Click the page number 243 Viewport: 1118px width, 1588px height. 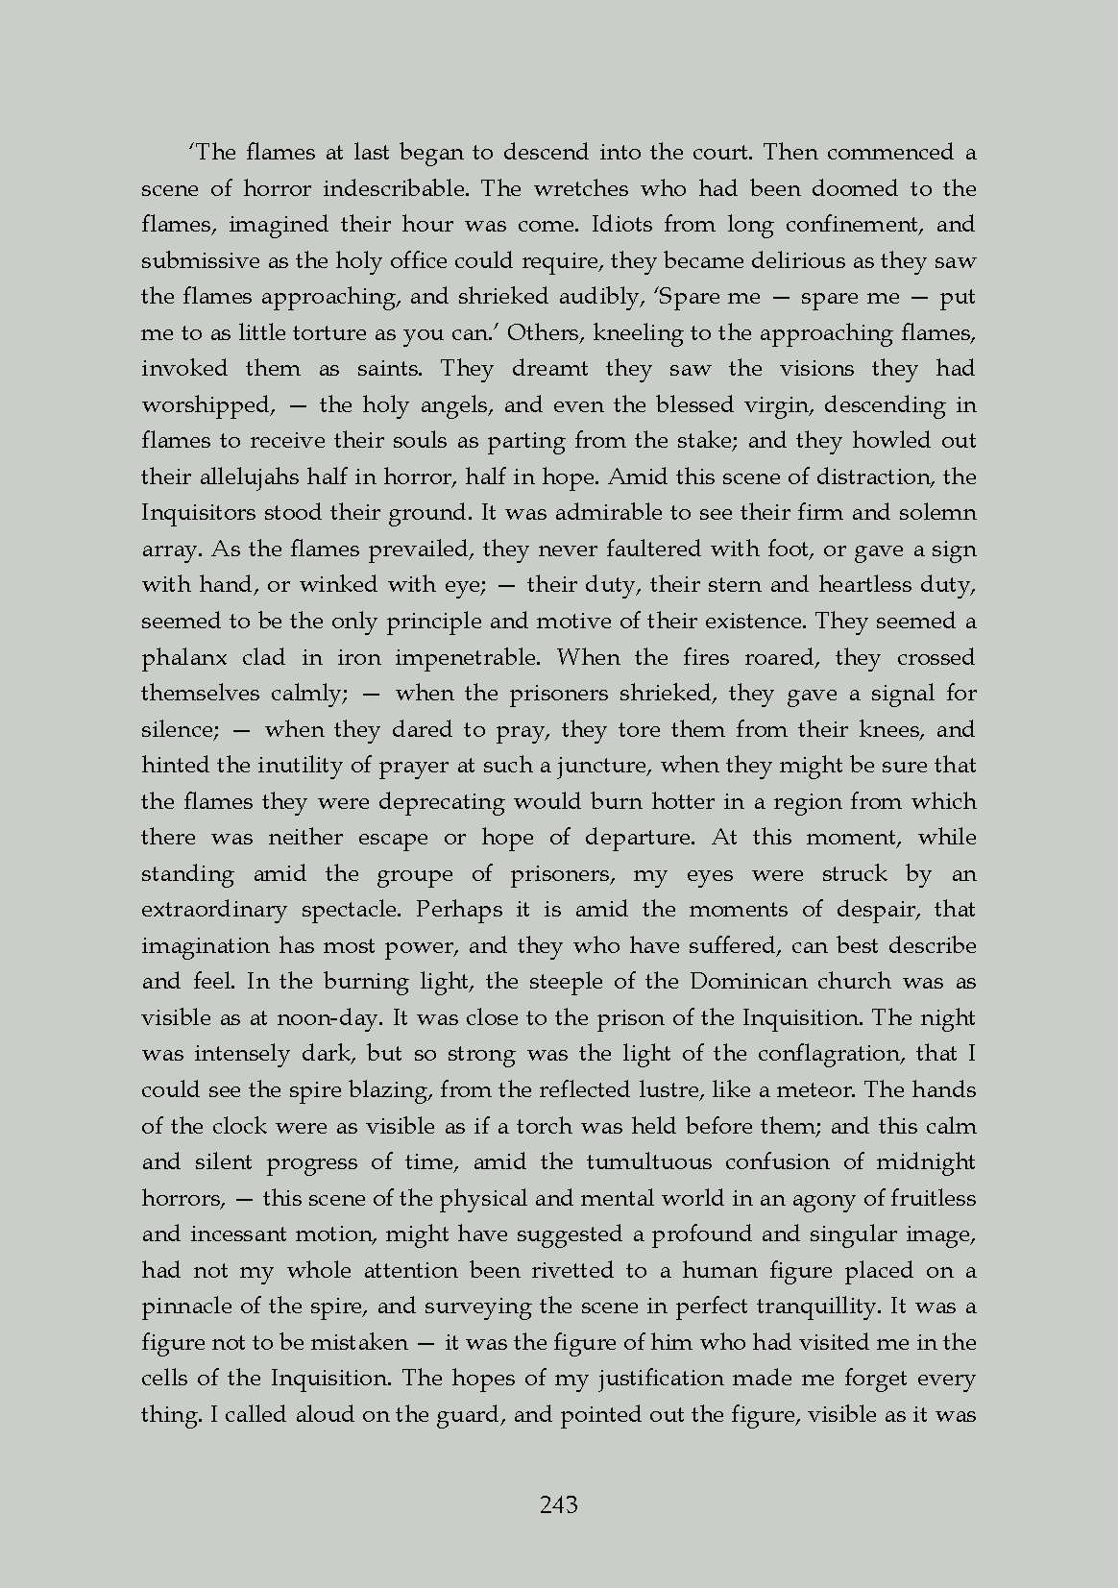[x=559, y=1504]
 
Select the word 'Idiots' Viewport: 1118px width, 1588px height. [x=622, y=225]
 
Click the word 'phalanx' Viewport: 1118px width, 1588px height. [x=185, y=658]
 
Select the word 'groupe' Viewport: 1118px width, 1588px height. [x=414, y=874]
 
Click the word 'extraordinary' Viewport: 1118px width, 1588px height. [x=213, y=910]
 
